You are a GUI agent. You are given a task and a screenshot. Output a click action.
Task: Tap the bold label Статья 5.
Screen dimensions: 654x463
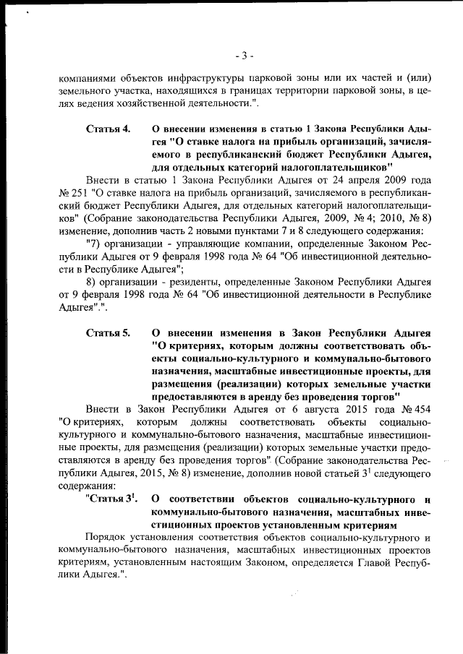pyautogui.click(x=108, y=333)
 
